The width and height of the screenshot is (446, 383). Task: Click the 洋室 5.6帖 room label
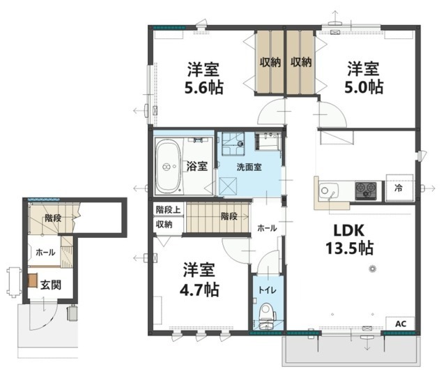coord(203,78)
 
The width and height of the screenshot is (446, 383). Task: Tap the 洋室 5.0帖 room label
coord(364,78)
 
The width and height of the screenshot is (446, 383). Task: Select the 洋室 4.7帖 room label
coord(199,280)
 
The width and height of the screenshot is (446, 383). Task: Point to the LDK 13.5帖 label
coord(349,239)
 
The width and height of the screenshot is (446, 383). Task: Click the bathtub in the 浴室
coord(168,167)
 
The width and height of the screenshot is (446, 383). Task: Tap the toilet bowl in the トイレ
coord(268,313)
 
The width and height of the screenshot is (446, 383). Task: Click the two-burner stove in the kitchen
coord(366,190)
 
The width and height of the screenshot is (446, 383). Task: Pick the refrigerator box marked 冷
coord(399,188)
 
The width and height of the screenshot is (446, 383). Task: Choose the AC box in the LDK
coord(400,324)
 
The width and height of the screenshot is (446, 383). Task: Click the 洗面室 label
coord(249,167)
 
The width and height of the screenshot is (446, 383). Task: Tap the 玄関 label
coord(51,285)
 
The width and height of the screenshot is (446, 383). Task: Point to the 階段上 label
coord(168,210)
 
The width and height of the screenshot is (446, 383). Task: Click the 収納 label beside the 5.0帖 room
coord(301,62)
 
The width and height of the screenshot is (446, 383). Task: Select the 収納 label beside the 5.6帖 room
coord(270,62)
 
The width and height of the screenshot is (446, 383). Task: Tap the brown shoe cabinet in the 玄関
coord(33,280)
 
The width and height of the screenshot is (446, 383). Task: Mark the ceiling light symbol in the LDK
coord(371,269)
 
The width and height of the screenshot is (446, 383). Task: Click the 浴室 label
coord(197,166)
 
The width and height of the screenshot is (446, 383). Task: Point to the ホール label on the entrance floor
coord(45,253)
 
